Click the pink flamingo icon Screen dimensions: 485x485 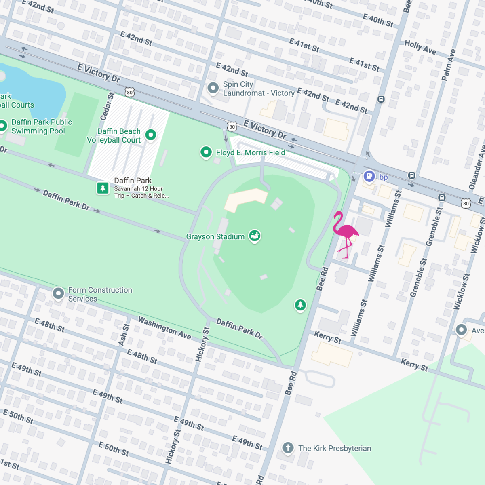[x=345, y=234]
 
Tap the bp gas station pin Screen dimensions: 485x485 [x=369, y=176]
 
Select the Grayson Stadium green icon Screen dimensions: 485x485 [x=255, y=236]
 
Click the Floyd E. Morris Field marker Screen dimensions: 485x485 [x=206, y=152]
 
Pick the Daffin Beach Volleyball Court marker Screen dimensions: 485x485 [x=151, y=135]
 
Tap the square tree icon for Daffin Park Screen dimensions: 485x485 [x=103, y=188]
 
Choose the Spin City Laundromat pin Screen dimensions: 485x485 [x=213, y=88]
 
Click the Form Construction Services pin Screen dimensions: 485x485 [x=58, y=293]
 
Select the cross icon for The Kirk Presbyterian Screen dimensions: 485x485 [x=288, y=448]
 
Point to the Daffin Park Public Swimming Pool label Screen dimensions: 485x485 [x=41, y=127]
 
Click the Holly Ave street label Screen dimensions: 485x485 [x=420, y=48]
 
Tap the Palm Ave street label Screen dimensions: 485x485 [x=449, y=65]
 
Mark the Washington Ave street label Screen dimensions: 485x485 [x=164, y=327]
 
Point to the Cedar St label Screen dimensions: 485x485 [x=108, y=106]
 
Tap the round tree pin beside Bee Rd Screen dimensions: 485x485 [x=300, y=305]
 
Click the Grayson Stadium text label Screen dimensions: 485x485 [x=215, y=237]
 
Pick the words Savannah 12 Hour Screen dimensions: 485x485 [x=138, y=189]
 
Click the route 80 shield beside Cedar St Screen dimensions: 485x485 [x=129, y=93]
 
